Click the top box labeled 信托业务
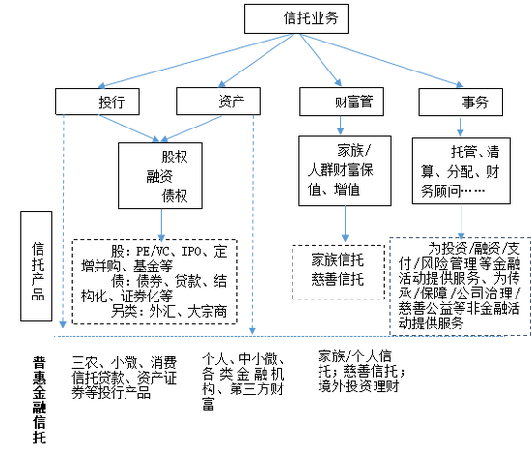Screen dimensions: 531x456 tap(296, 18)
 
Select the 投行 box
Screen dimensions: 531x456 tap(98, 101)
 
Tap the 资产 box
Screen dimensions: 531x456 tap(218, 101)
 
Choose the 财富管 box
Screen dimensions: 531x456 tap(342, 101)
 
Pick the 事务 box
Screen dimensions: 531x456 tap(461, 102)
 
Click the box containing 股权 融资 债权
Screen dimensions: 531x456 tap(160, 176)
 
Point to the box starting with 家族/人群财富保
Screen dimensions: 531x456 tap(345, 171)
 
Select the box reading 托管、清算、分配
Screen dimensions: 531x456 tap(461, 171)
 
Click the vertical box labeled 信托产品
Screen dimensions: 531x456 tap(37, 266)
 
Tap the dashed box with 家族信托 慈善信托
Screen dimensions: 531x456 tap(339, 272)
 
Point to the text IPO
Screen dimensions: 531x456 tap(192, 252)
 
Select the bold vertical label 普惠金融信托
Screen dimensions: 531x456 tap(40, 400)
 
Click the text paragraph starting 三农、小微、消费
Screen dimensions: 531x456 tap(125, 378)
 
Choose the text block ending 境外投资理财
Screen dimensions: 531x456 tap(361, 371)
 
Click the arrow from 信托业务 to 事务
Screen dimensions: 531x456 tap(381, 60)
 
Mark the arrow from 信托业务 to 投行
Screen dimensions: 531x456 tap(196, 61)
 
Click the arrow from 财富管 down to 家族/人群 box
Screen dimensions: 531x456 tap(341, 126)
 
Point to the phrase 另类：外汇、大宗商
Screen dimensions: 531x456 tap(169, 311)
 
